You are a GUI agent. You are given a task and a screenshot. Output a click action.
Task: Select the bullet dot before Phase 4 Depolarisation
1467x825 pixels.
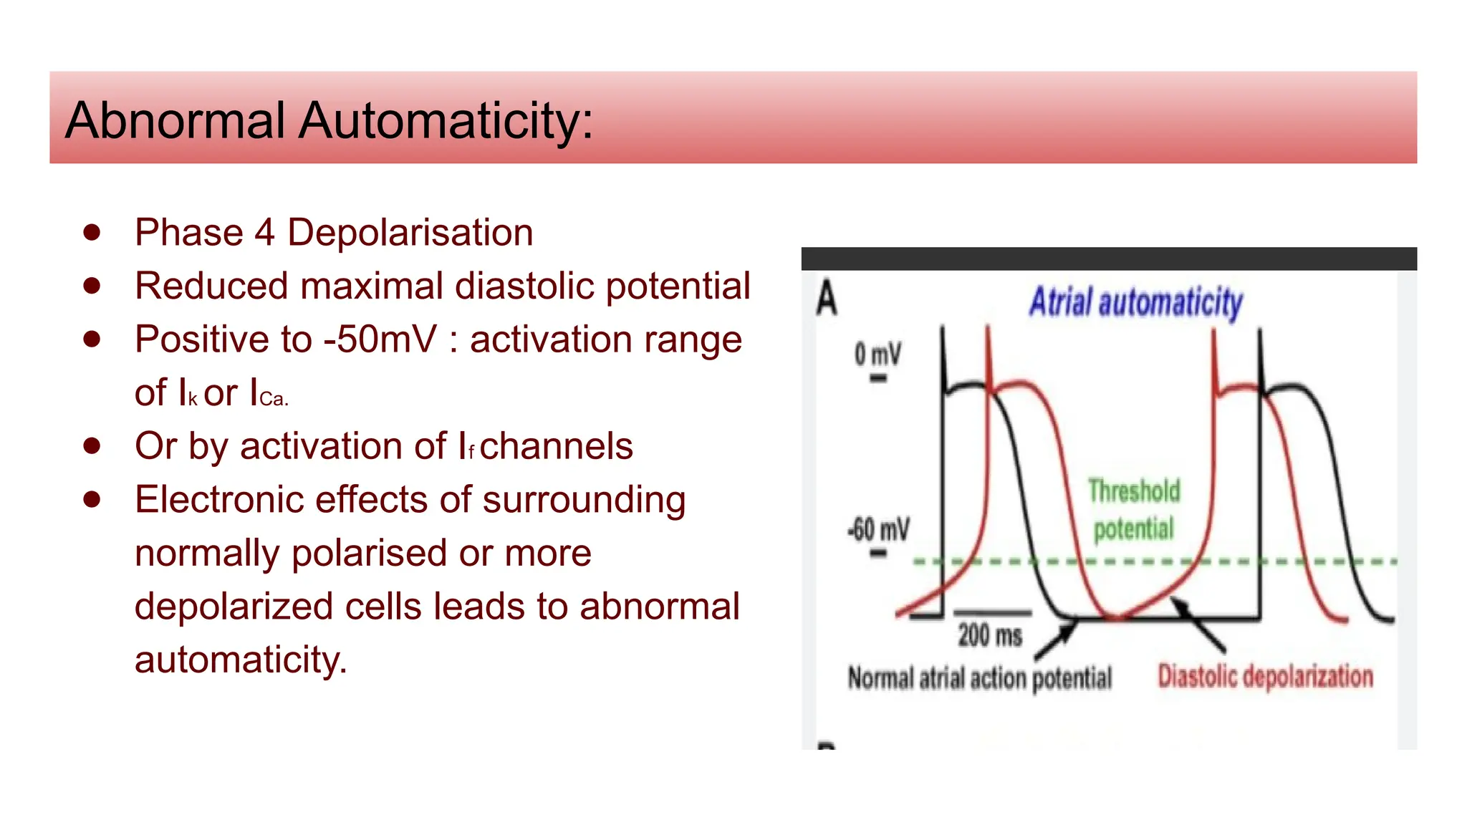pos(92,232)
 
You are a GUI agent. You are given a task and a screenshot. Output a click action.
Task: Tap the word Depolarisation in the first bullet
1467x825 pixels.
pos(410,233)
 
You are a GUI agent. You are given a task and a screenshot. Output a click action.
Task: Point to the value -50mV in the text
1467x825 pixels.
pos(380,339)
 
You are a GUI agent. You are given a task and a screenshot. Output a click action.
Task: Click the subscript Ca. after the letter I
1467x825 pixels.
pos(274,399)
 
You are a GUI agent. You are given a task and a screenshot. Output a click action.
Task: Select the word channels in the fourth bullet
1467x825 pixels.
pos(556,446)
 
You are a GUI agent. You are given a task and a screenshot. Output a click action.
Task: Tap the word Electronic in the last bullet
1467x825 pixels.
pos(219,499)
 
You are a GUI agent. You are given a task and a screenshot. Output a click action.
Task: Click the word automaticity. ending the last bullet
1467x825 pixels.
pos(241,660)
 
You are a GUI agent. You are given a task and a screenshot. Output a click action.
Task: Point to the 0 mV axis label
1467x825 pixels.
pos(877,354)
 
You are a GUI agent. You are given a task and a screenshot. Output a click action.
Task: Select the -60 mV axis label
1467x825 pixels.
pos(878,530)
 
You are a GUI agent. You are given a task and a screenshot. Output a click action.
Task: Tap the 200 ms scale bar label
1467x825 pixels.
pos(990,635)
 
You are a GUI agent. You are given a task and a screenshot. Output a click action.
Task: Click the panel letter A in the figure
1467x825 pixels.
pos(826,299)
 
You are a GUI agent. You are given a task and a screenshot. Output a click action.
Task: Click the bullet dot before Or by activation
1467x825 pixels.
pos(92,445)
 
